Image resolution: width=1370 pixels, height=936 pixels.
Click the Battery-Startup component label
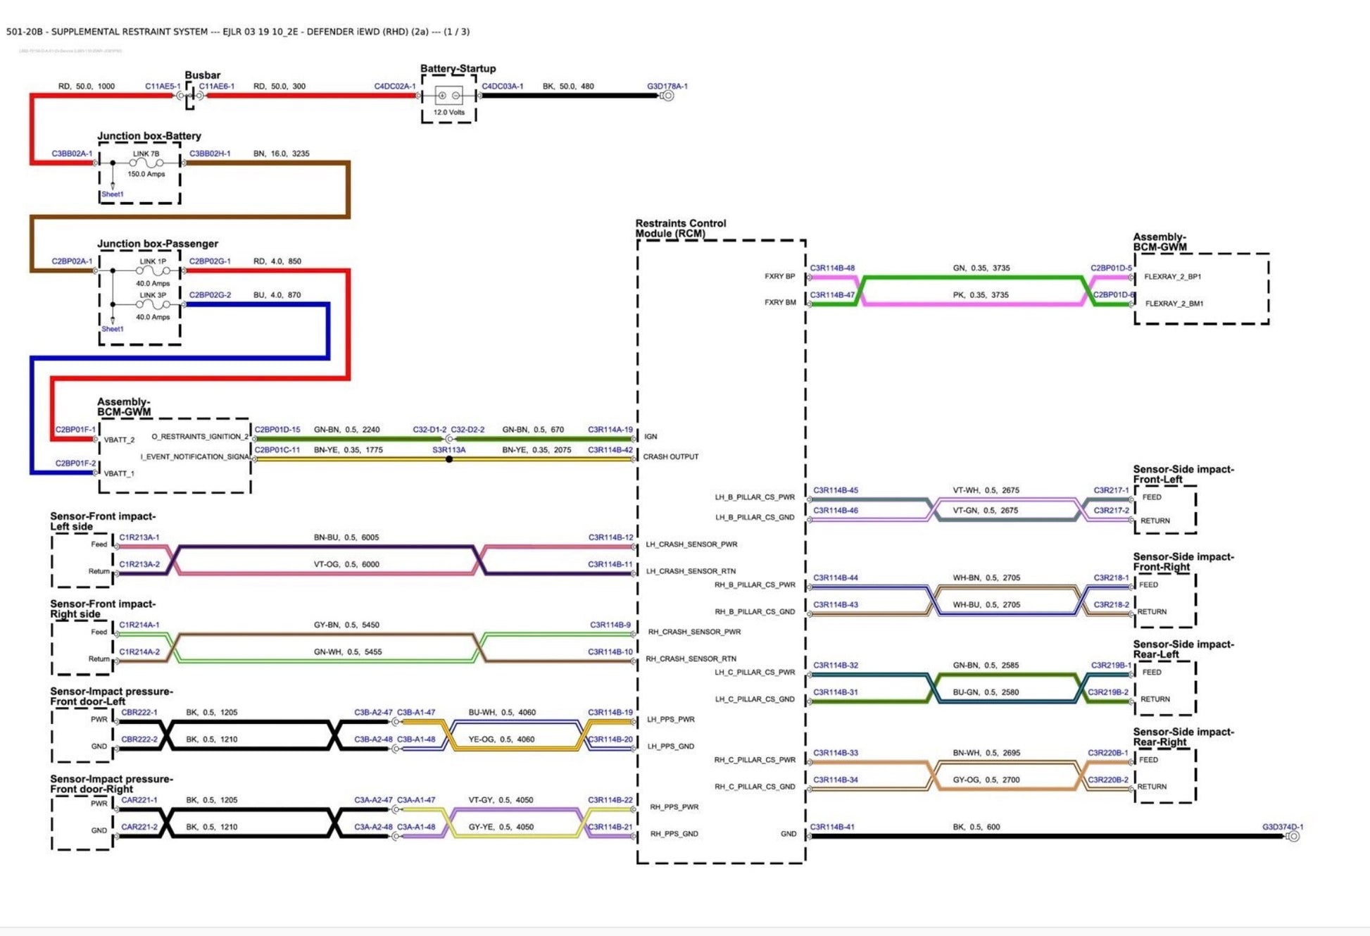(458, 68)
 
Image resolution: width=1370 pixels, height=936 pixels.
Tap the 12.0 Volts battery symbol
(448, 96)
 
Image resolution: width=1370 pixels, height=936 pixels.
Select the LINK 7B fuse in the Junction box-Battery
(146, 163)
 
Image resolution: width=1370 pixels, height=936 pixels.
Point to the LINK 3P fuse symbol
(153, 305)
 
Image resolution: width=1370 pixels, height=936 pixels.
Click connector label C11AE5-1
(163, 86)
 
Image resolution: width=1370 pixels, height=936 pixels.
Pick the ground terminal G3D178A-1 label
(667, 86)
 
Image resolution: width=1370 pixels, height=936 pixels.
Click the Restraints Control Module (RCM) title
(680, 228)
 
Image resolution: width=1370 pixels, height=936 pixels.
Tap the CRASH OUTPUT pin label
(670, 456)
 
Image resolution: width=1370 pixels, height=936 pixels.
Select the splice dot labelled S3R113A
(449, 459)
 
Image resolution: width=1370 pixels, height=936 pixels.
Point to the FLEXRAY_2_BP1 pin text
(1172, 277)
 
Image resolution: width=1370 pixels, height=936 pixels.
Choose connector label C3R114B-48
(831, 268)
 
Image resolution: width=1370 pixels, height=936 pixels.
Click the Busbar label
(202, 75)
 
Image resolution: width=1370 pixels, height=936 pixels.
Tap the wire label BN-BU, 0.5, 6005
(346, 537)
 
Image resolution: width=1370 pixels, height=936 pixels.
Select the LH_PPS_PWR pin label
(670, 719)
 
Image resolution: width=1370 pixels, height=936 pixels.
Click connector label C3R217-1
(1110, 490)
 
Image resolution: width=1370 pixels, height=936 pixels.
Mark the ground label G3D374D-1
(1282, 827)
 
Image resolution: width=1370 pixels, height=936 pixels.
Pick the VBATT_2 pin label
(119, 439)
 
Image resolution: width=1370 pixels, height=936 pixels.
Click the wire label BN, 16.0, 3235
(281, 153)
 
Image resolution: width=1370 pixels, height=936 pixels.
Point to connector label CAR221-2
(139, 827)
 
